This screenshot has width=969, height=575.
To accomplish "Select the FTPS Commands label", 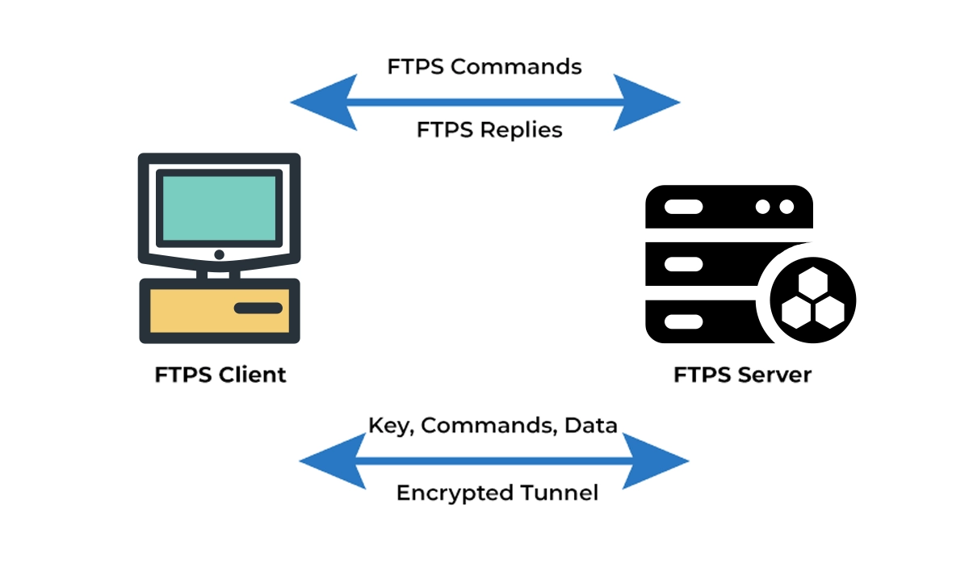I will [484, 66].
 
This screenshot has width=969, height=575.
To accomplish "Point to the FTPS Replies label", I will [489, 129].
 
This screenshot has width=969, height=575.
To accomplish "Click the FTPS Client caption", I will [220, 375].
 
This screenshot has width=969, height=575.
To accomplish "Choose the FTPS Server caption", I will [743, 375].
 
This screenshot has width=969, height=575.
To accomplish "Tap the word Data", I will [591, 425].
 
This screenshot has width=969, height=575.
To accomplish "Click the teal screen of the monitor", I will [219, 209].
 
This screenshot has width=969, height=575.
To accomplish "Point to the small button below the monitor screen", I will [219, 254].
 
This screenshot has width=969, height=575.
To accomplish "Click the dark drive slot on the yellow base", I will [258, 308].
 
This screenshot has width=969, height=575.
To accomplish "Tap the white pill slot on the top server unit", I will [683, 207].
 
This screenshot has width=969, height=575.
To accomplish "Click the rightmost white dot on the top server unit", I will [787, 207].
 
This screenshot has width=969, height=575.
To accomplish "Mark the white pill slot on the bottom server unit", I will [683, 321].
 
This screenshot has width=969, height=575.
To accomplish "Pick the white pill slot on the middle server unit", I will [683, 264].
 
